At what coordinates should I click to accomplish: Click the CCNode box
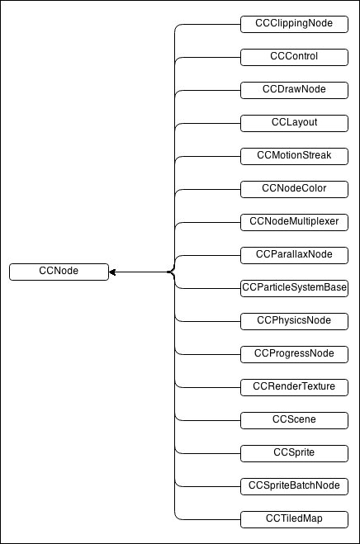tap(59, 272)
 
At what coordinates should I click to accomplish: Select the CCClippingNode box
tap(294, 24)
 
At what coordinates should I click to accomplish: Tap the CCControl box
tap(294, 57)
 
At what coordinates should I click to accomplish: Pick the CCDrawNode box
tap(294, 90)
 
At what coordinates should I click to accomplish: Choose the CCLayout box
tap(294, 123)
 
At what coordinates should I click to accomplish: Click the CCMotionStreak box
tap(294, 156)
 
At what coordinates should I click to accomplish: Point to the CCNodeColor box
tap(294, 189)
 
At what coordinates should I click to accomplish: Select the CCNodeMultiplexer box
tap(294, 222)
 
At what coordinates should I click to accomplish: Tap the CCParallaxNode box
tap(294, 255)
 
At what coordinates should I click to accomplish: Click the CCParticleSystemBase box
tap(294, 288)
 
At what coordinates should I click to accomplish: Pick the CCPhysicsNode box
tap(294, 321)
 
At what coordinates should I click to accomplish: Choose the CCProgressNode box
tap(294, 354)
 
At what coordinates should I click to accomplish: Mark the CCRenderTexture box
tap(294, 387)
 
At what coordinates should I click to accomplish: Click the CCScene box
tap(294, 420)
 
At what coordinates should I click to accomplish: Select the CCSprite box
tap(294, 453)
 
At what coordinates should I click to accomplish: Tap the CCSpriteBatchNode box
tap(294, 486)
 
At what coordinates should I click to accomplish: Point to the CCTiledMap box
tap(294, 519)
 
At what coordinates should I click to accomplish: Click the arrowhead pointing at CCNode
tap(112, 272)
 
